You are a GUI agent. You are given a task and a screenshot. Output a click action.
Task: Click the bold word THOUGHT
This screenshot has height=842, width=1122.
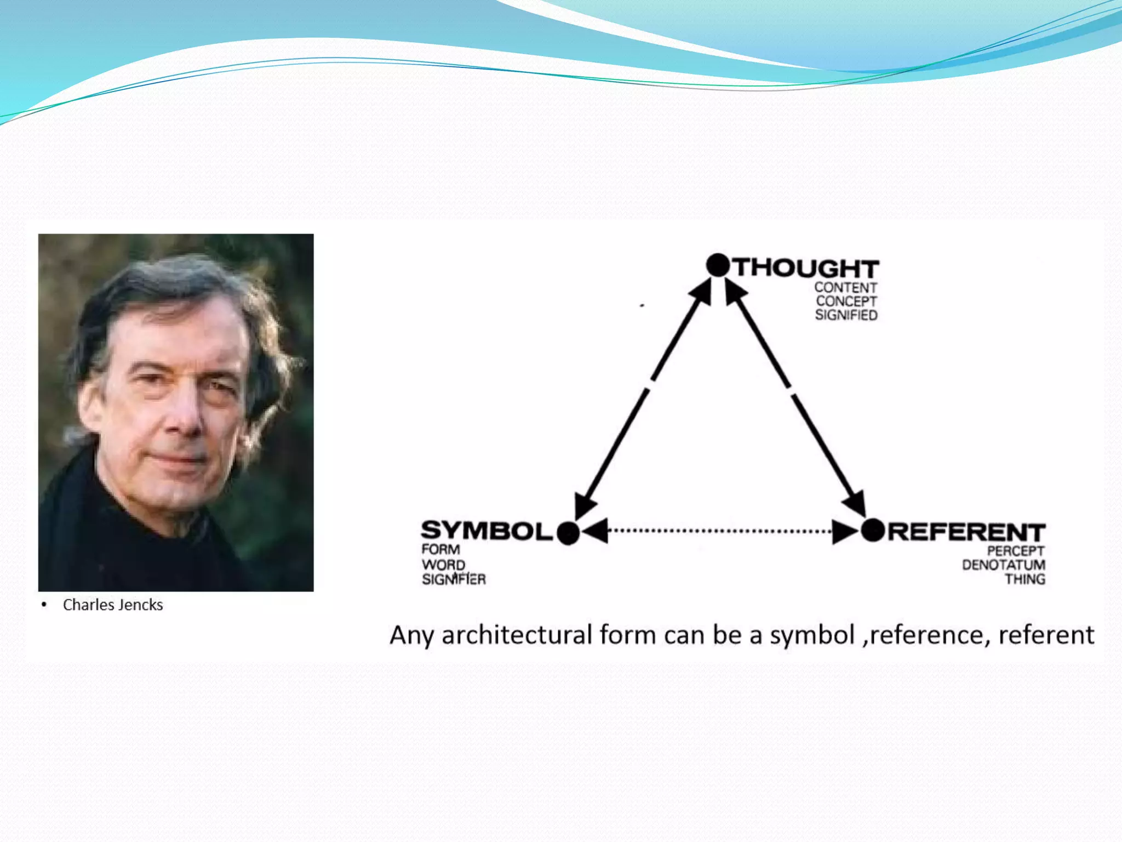806,268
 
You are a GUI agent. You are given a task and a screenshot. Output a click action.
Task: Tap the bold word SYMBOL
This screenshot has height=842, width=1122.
486,531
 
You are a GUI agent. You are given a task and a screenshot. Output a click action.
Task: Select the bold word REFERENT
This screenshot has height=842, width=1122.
966,532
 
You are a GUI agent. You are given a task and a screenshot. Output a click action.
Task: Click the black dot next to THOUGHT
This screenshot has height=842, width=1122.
718,265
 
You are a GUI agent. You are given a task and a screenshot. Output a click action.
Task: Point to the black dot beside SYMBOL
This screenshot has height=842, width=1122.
568,533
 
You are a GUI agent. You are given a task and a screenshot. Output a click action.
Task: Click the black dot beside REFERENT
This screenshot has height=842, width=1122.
873,530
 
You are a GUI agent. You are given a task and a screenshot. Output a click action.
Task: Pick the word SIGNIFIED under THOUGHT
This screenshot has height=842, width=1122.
846,315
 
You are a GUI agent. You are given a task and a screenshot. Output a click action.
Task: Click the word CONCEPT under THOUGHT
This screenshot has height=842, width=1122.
846,301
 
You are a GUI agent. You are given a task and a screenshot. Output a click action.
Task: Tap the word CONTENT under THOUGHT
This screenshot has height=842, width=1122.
845,287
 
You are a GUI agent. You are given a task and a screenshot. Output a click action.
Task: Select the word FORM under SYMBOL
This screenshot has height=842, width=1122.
440,549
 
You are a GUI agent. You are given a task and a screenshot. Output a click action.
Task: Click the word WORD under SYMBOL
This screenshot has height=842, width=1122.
443,565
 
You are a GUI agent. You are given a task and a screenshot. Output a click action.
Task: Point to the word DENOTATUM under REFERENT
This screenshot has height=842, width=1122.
1003,565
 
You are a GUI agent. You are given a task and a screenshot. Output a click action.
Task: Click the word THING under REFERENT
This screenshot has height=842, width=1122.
1024,579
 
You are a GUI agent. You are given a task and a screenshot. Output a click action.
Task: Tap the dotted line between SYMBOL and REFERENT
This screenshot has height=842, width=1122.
720,531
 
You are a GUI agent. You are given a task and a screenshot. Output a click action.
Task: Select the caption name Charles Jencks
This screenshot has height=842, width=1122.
113,605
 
